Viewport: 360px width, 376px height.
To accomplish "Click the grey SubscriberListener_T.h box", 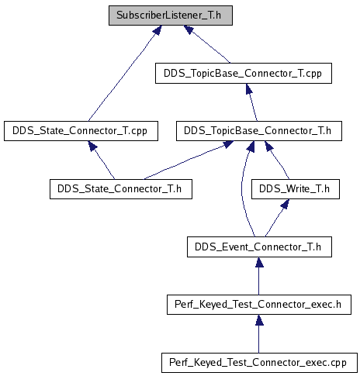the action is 171,16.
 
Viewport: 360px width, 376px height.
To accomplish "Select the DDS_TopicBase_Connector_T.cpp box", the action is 244,73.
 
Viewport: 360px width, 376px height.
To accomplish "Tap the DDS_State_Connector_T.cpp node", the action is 81,131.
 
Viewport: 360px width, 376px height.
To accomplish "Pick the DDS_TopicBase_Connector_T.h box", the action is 259,131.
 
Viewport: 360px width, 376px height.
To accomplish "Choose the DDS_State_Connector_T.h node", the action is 121,189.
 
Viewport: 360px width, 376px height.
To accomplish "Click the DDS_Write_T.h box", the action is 296,189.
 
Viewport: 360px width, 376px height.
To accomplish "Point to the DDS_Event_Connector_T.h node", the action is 259,247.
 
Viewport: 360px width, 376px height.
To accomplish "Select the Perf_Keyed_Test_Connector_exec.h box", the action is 259,305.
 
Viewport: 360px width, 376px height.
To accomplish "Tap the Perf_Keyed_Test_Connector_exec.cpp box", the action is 259,363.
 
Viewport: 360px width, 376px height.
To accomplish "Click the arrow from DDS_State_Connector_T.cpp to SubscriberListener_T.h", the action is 125,73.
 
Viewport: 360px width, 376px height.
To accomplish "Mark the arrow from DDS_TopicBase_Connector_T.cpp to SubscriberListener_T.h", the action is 206,44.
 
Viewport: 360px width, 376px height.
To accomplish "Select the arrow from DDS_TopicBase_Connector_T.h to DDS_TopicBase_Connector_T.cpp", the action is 251,102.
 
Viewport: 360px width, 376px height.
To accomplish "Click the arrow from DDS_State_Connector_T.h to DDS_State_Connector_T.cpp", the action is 102,160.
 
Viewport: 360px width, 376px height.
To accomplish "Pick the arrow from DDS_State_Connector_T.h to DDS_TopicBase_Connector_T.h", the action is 189,160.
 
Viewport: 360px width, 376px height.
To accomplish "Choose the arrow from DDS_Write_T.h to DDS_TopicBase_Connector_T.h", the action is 278,160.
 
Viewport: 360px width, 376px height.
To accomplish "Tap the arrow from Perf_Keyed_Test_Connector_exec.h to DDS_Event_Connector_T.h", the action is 259,276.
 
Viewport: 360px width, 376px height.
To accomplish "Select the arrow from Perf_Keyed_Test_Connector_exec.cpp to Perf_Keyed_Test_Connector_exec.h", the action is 259,333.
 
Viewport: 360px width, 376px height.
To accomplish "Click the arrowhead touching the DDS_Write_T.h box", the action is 285,204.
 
